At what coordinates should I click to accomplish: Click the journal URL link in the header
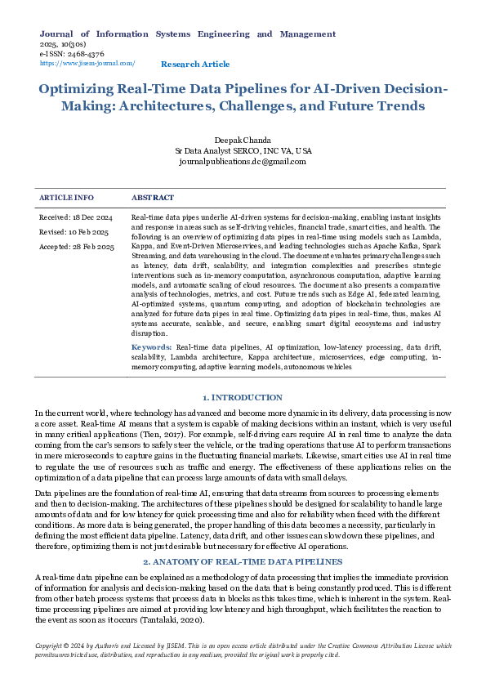point(87,63)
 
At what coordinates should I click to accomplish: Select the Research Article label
point(195,64)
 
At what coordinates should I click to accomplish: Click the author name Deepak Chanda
point(243,141)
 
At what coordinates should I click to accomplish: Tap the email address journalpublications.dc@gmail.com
point(243,161)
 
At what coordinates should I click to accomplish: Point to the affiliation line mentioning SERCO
point(243,151)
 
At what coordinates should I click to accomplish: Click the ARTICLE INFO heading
point(67,198)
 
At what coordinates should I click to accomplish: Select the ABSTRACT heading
point(153,198)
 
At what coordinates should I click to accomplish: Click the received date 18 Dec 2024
point(76,218)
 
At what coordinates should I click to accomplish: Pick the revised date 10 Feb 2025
point(76,232)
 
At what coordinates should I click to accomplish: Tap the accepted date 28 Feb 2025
point(77,247)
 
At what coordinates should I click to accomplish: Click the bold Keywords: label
point(152,348)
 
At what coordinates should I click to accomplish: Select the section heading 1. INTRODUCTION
point(242,397)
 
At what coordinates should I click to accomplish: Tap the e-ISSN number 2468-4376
point(80,53)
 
